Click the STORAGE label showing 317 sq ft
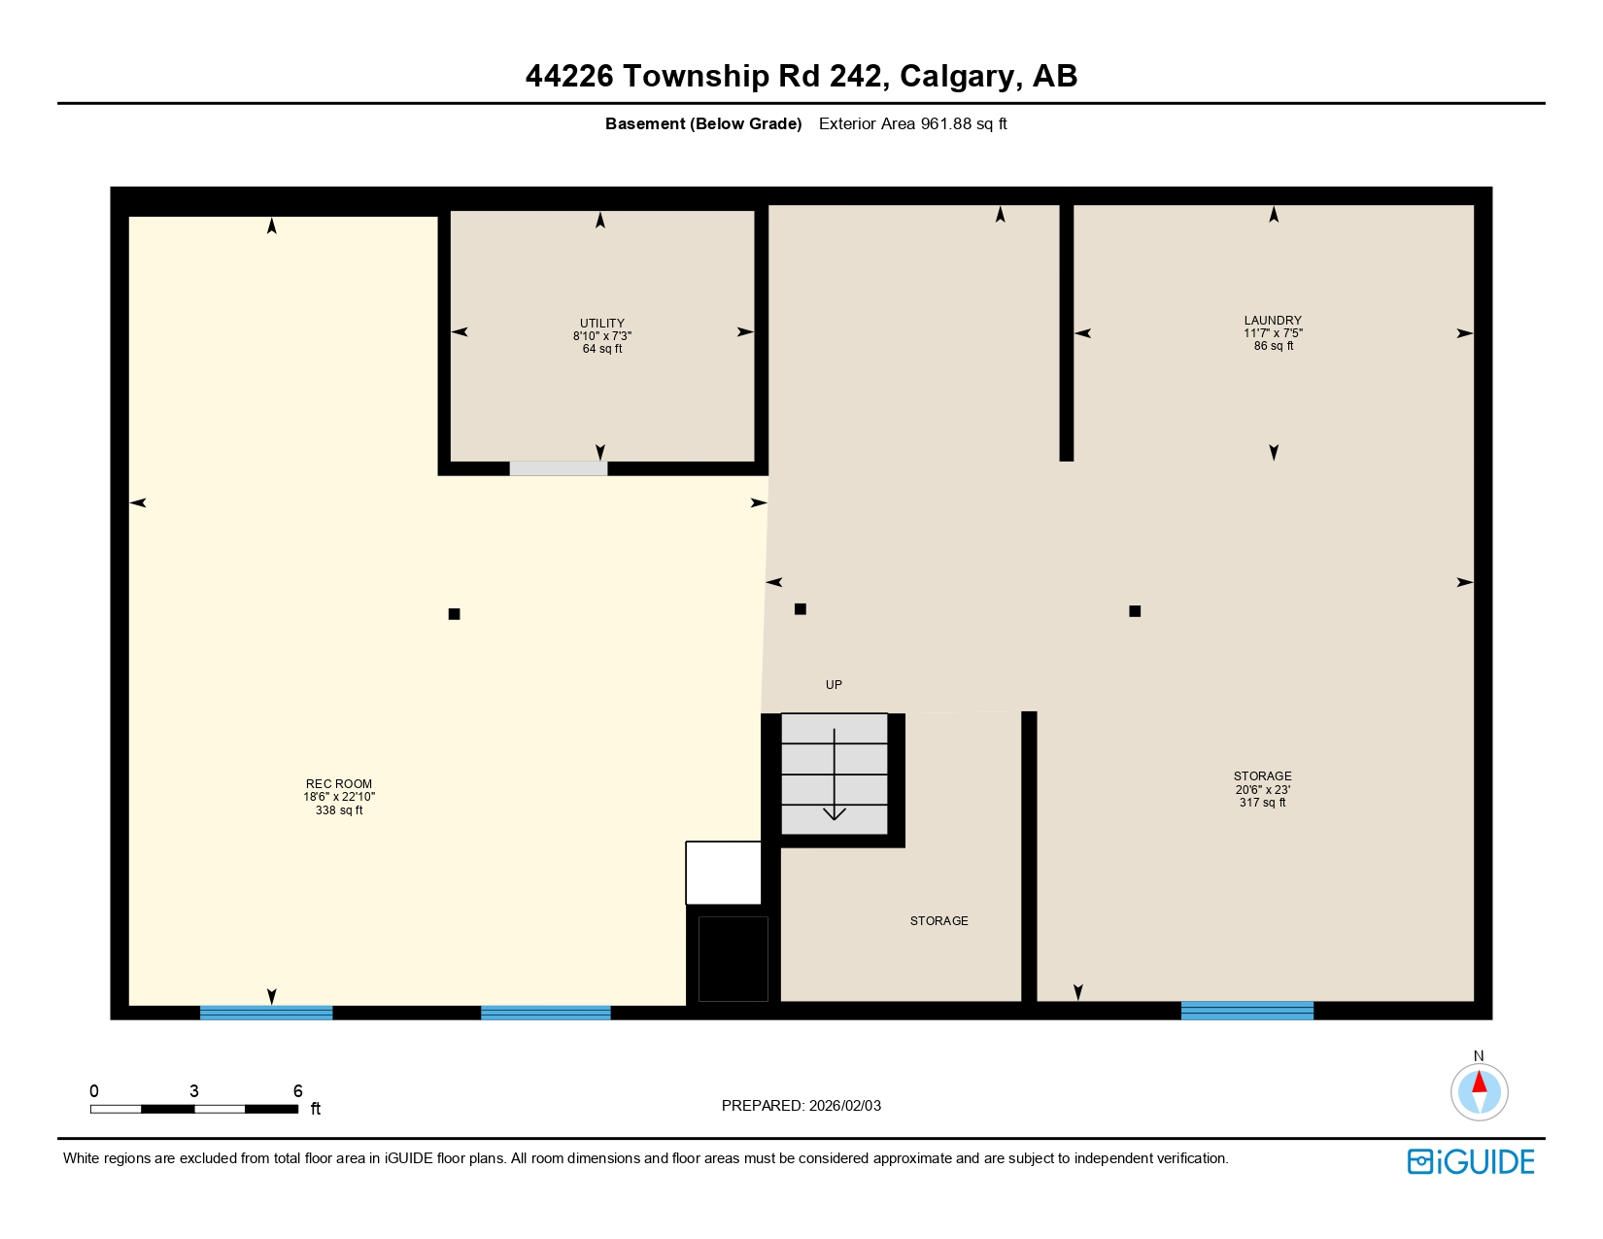click(1262, 788)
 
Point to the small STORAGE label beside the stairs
click(938, 920)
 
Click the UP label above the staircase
click(834, 684)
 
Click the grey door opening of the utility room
click(559, 468)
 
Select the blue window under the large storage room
click(1246, 1011)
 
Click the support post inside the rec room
click(454, 614)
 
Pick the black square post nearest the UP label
click(801, 609)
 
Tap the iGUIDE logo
click(1471, 1161)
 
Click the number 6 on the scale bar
click(298, 1091)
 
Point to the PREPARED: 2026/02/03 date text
click(801, 1105)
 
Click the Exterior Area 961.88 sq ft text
click(912, 123)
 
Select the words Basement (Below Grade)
click(703, 123)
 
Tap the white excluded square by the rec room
click(723, 873)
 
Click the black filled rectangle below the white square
click(733, 958)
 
